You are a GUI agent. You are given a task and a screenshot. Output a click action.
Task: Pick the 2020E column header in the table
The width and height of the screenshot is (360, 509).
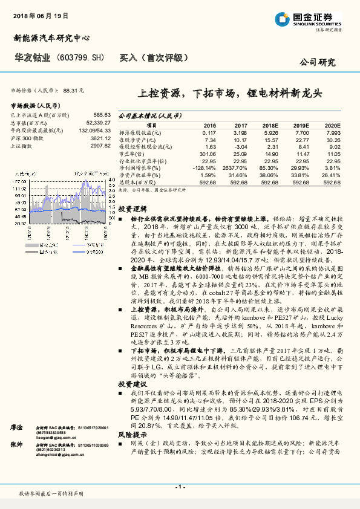[x=332, y=125]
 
